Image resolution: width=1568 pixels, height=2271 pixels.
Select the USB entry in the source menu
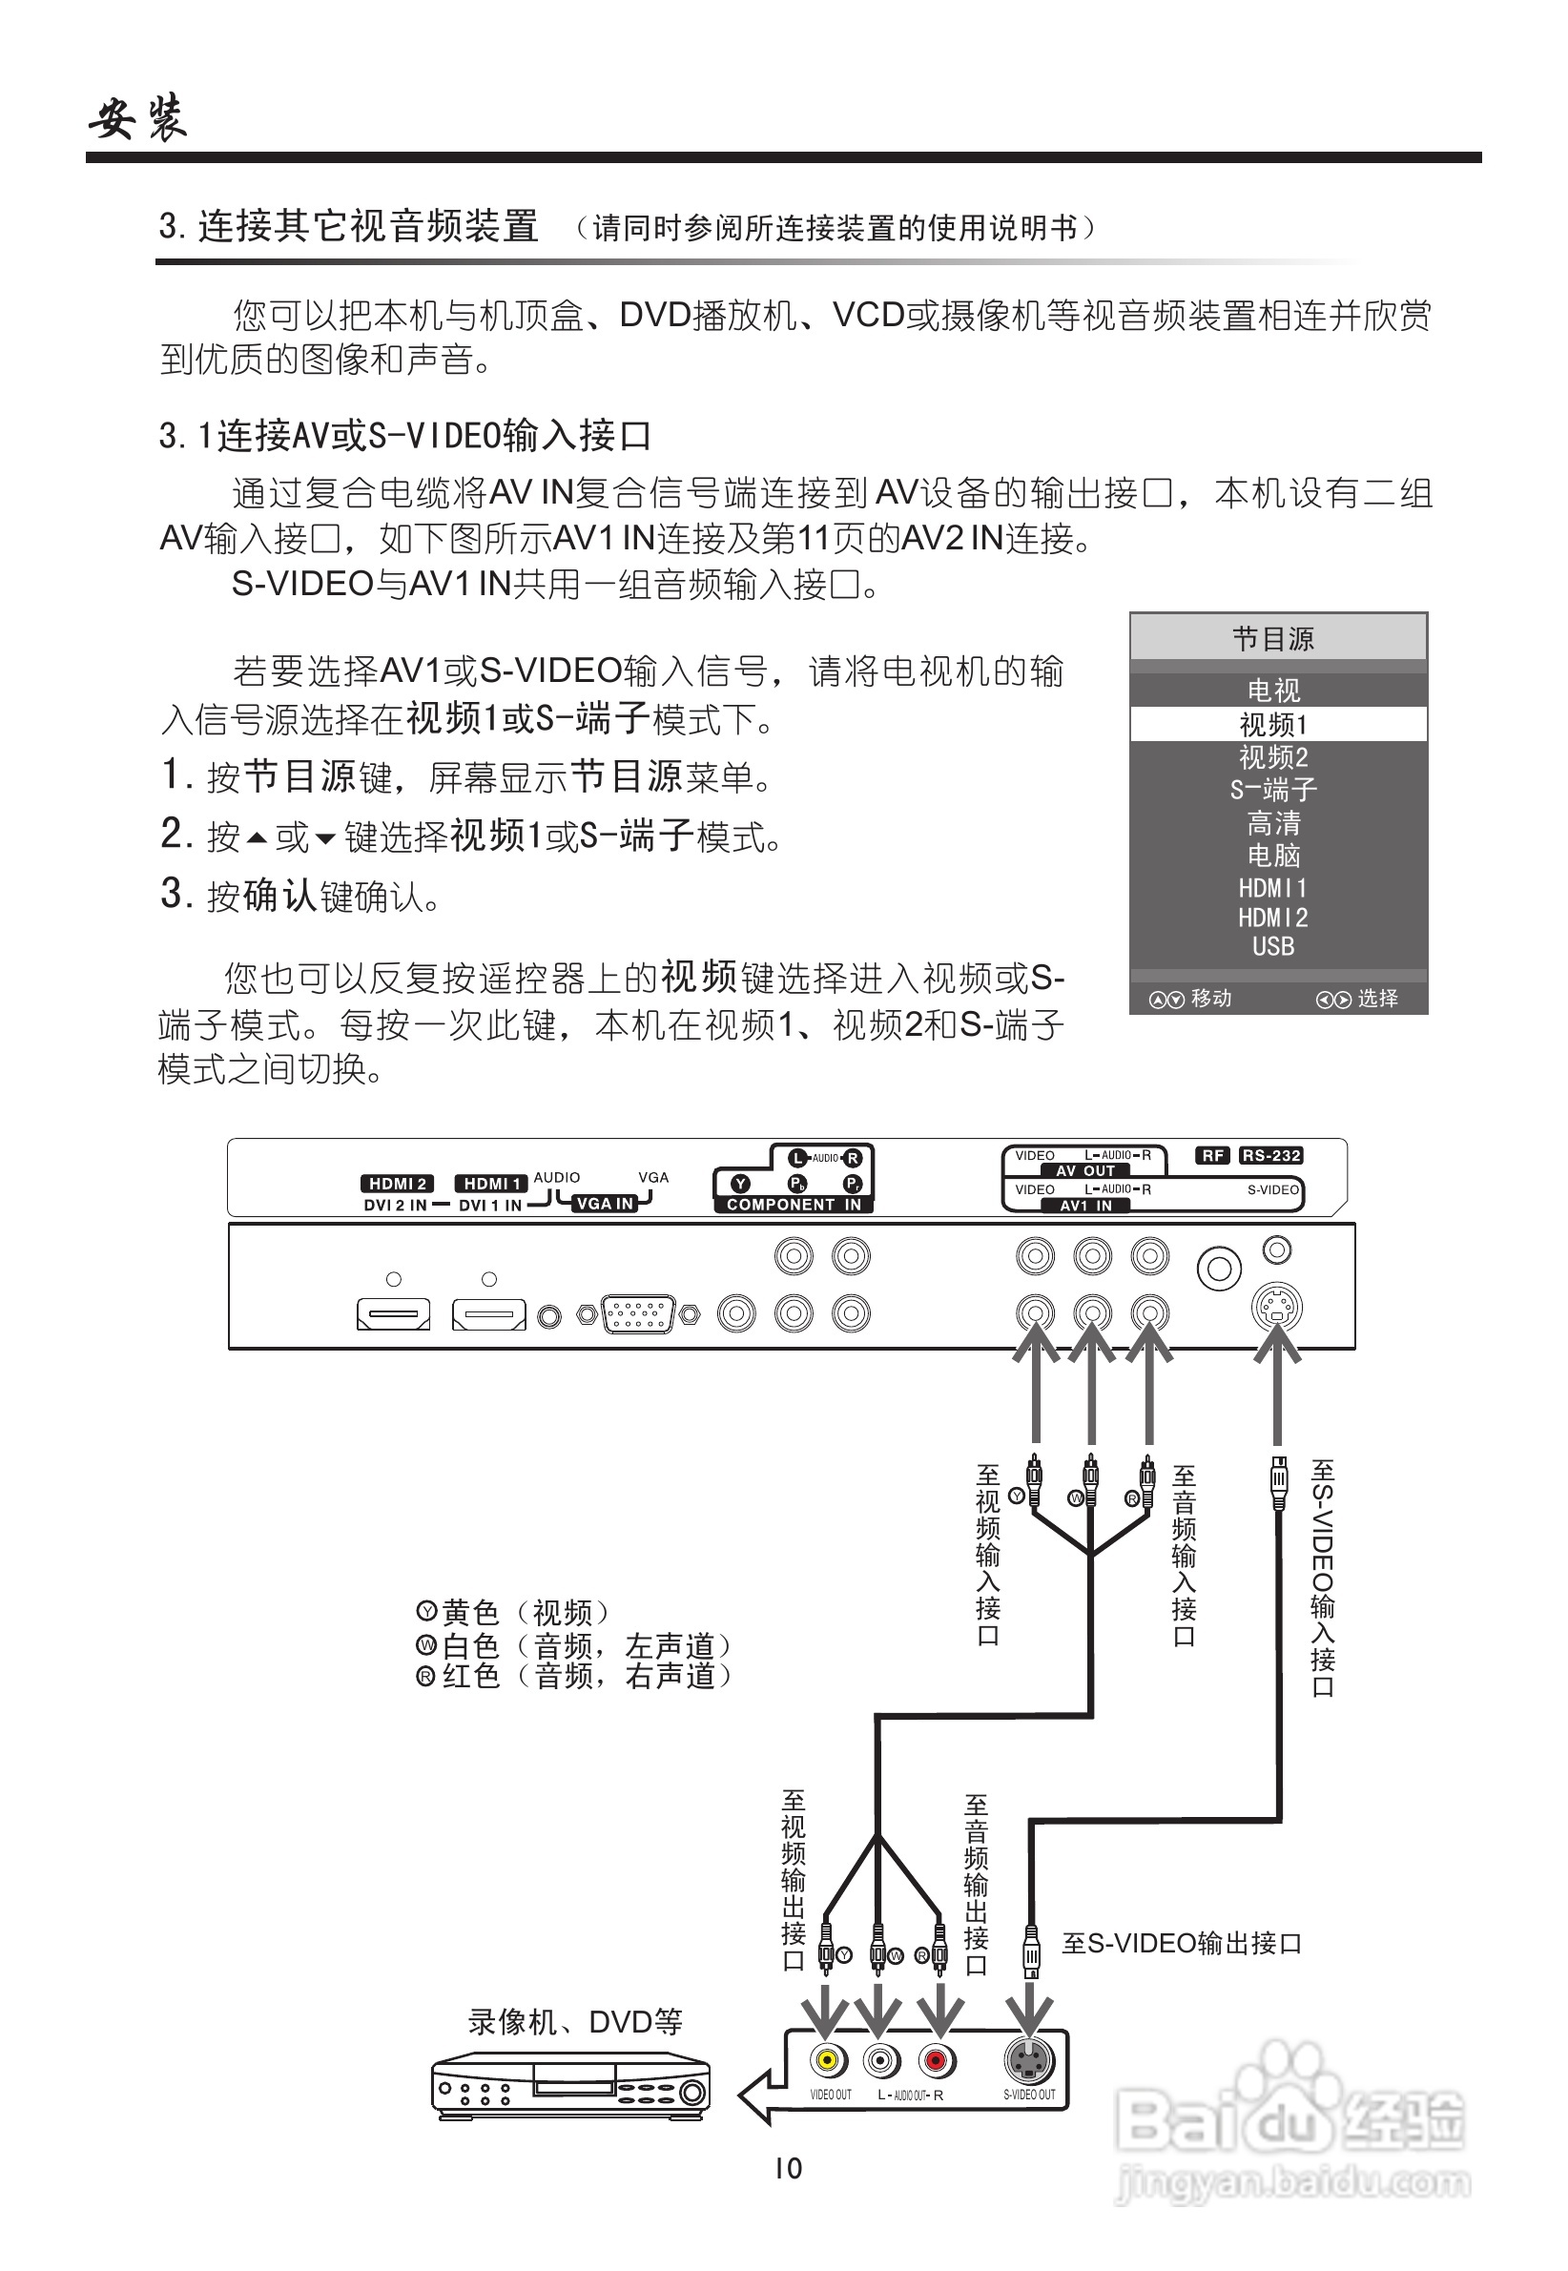pos(1273,946)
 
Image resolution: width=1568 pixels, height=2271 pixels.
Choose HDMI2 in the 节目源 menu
pos(1273,918)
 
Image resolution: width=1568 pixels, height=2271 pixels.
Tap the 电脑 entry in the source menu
pos(1273,856)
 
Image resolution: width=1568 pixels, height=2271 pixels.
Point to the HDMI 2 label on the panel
pos(398,1184)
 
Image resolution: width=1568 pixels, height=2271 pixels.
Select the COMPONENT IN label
pos(794,1205)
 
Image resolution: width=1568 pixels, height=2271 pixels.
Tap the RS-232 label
pos(1271,1155)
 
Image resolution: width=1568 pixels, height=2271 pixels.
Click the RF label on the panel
pos(1213,1155)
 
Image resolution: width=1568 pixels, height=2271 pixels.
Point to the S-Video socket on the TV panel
pos(1276,1309)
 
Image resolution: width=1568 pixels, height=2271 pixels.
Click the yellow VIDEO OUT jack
pos(827,2059)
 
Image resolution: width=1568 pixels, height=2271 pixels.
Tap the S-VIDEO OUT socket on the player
pos(1027,2059)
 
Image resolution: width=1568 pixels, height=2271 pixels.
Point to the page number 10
pos(788,2169)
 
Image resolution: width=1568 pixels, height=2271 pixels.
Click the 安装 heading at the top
pos(137,120)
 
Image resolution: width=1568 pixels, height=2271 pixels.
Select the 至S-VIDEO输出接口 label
pos(1181,1943)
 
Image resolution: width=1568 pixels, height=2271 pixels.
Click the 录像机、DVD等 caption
pos(575,2022)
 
